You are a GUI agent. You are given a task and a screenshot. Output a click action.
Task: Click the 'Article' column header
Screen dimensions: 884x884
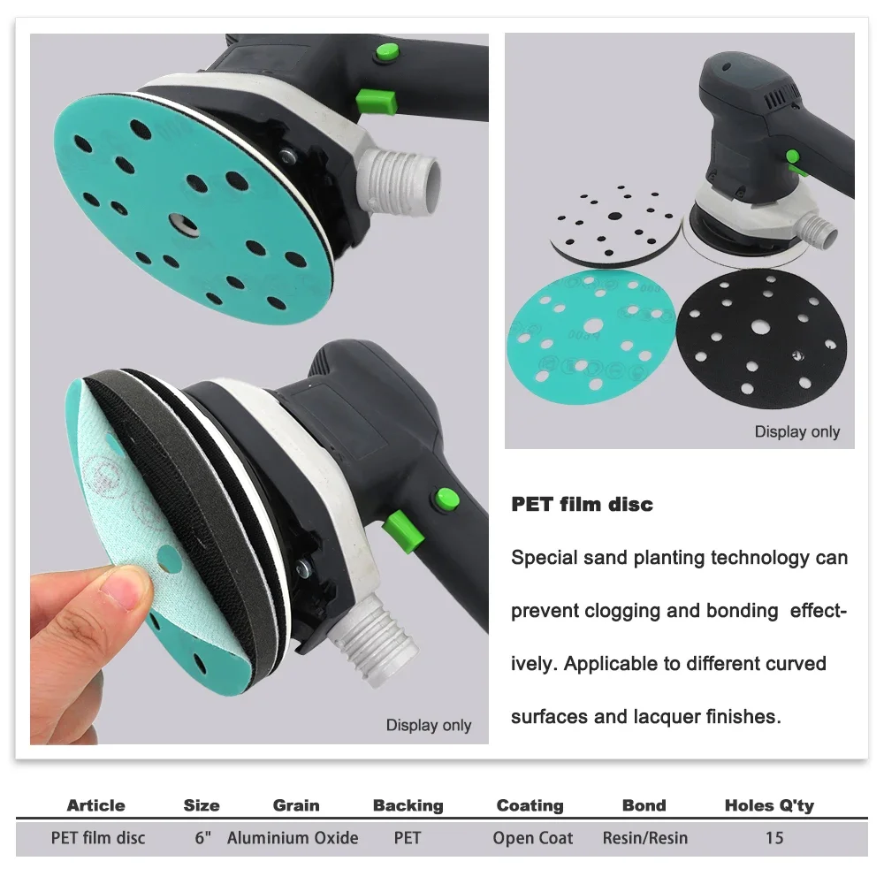coord(95,805)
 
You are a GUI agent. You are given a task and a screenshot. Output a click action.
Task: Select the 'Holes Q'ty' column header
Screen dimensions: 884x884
coord(769,805)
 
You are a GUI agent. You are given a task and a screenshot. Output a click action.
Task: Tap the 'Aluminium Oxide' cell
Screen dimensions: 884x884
coord(293,838)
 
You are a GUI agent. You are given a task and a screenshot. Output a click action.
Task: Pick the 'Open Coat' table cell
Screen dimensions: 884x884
coord(533,838)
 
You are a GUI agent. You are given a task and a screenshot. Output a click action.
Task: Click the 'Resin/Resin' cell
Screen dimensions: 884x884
coord(644,838)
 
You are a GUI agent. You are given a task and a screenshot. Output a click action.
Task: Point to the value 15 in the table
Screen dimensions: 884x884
coord(774,838)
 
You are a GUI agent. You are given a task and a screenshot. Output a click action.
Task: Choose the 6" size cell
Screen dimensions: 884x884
coord(203,838)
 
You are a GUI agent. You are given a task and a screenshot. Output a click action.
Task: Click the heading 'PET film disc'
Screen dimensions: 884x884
coord(582,505)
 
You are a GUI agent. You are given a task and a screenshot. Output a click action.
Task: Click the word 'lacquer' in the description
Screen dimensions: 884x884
coord(685,716)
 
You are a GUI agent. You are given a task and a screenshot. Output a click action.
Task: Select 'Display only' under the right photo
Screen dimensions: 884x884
coord(796,432)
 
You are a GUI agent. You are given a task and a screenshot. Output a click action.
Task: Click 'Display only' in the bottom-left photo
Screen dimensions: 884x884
coord(429,726)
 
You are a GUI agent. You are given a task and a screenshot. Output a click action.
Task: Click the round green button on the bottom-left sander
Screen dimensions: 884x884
coord(444,500)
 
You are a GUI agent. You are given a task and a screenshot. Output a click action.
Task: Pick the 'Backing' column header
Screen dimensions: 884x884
coord(408,805)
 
